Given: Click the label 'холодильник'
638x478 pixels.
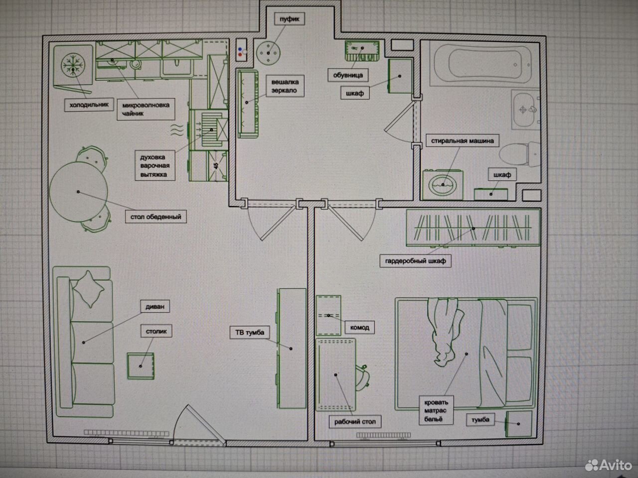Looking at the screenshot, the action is [x=89, y=105].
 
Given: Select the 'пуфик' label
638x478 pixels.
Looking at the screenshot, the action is [x=290, y=19].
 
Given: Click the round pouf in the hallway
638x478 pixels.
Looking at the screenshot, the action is [x=268, y=53].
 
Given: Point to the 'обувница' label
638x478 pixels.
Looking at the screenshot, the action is [x=348, y=75].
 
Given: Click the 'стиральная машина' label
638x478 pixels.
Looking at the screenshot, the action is [x=462, y=141].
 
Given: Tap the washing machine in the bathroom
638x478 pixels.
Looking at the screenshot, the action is [x=443, y=185].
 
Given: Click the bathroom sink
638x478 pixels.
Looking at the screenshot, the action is [x=525, y=110].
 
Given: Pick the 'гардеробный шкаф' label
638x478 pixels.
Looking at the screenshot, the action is [x=415, y=261].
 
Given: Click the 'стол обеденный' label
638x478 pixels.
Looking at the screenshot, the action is [x=156, y=217].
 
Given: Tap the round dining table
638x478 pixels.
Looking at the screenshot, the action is [x=78, y=192].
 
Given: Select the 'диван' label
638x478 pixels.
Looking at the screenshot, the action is [x=155, y=307].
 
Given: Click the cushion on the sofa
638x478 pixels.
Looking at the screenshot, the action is [x=89, y=289].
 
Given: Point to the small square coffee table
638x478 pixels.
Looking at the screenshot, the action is [x=141, y=366].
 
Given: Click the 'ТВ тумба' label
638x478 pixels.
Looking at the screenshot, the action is [x=250, y=332].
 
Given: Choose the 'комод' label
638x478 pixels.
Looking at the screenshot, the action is [x=359, y=328].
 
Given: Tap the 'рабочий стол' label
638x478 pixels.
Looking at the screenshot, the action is [x=355, y=422].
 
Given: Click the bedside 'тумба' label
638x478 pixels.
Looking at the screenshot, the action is [x=480, y=420].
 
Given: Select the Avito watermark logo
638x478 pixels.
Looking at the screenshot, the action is [x=608, y=465].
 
